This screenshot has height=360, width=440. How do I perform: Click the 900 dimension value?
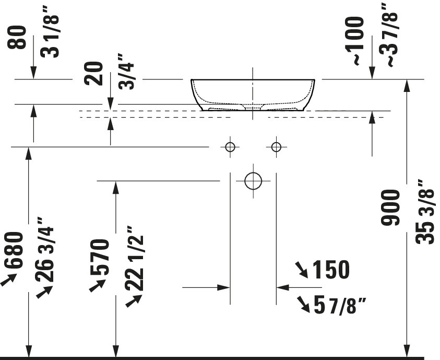390,207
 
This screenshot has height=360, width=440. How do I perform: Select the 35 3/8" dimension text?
425,212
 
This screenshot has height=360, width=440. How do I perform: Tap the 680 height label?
13,250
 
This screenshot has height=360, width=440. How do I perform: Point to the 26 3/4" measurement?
44,249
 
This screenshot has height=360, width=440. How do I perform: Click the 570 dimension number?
100,257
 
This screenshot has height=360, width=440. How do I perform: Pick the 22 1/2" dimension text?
134,258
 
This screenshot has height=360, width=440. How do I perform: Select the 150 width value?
331,269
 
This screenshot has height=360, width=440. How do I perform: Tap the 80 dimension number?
17,37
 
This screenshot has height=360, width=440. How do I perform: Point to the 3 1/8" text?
50,36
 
